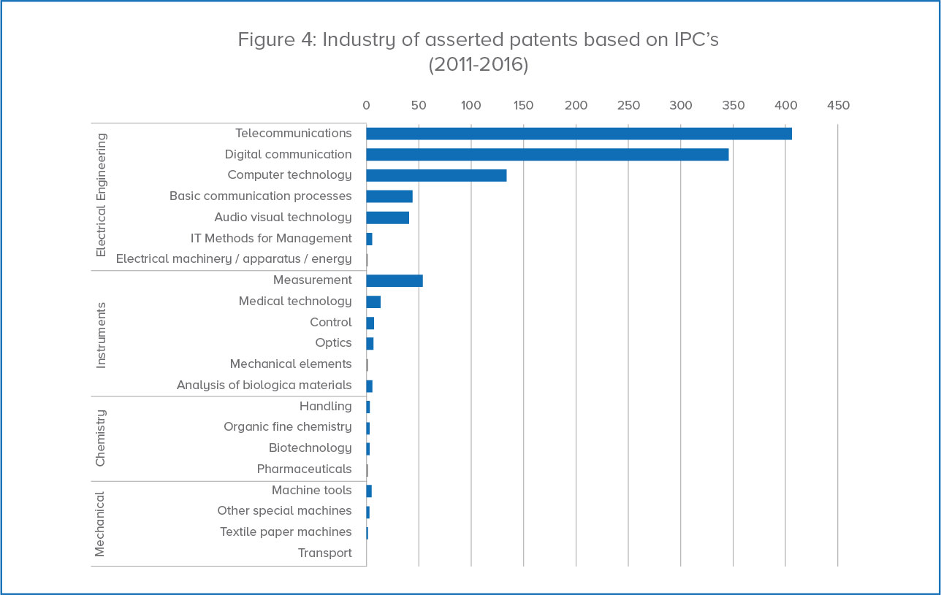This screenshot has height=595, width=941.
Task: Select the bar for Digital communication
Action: point(547,155)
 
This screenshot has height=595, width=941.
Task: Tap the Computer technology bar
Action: point(436,175)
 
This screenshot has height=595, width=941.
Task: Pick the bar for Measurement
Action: point(395,280)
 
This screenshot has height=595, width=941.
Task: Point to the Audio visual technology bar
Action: point(388,218)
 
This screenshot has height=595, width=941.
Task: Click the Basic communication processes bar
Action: point(389,196)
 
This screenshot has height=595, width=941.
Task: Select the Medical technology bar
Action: point(373,302)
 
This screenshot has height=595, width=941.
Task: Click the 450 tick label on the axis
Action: point(838,106)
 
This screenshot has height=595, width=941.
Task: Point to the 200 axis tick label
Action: point(576,106)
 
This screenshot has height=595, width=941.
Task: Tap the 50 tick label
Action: point(419,106)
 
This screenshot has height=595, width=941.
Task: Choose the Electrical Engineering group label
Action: point(102,195)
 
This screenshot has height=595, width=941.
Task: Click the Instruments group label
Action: point(102,334)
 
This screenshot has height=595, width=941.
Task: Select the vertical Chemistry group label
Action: point(102,438)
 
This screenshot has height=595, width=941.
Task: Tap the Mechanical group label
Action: point(102,523)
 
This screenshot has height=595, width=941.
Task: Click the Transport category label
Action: point(324,553)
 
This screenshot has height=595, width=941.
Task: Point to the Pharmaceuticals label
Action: point(304,469)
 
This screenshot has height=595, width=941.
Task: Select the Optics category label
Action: point(333,343)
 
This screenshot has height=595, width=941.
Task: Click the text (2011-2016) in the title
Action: point(478,64)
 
